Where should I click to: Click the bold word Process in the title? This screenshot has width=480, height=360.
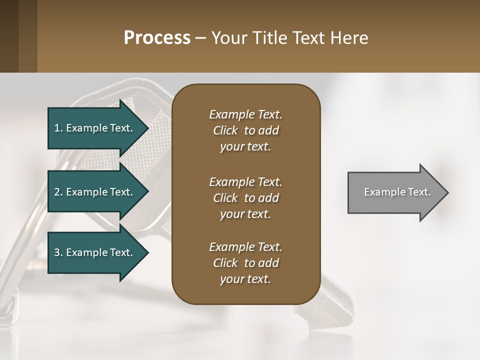[x=157, y=38]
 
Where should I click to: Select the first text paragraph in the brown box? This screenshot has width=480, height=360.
[x=245, y=130]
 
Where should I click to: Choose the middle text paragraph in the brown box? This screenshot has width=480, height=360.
[x=245, y=198]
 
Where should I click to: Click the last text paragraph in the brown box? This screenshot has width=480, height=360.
[x=245, y=263]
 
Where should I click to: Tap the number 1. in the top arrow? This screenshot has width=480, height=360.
[x=58, y=128]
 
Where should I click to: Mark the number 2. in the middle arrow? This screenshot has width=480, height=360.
[x=58, y=192]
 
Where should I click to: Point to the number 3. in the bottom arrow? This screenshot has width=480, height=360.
[x=58, y=252]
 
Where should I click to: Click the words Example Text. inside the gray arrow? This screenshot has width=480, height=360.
[x=397, y=192]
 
